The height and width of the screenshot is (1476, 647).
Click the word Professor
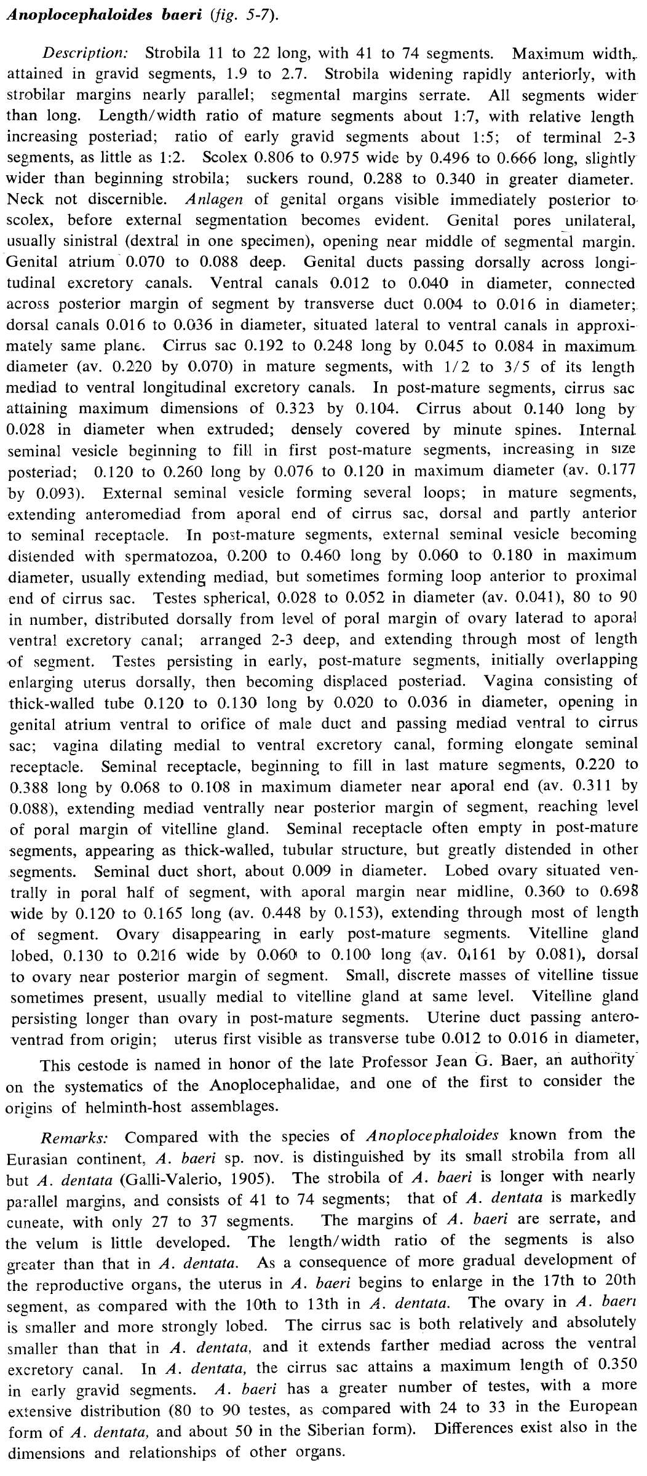point(391,1062)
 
